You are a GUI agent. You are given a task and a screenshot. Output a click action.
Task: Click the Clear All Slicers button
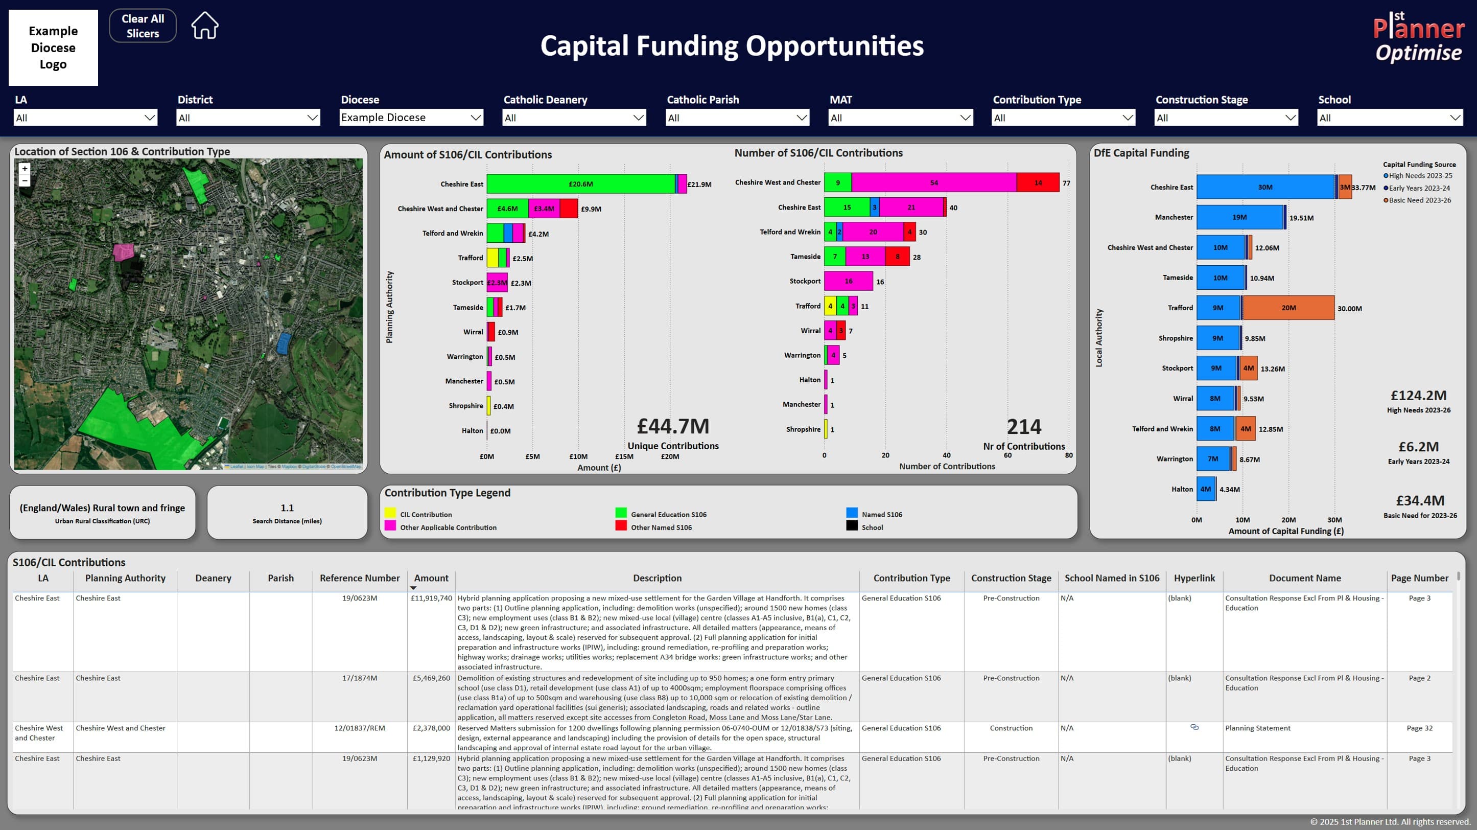click(x=142, y=26)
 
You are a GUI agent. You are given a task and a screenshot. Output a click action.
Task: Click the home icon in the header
click(x=205, y=26)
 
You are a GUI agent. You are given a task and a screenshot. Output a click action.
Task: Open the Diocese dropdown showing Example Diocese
click(x=411, y=118)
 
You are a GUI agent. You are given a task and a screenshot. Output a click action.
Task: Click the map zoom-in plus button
click(x=25, y=169)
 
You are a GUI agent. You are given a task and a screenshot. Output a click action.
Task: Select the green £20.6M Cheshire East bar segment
click(x=580, y=184)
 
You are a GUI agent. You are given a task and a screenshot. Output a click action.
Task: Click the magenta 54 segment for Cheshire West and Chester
click(x=933, y=182)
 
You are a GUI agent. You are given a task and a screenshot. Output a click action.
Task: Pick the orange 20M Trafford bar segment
click(x=1288, y=308)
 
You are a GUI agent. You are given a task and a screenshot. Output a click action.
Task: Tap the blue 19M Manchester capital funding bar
click(x=1239, y=217)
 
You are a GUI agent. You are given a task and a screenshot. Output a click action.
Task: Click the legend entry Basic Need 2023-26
click(x=1419, y=200)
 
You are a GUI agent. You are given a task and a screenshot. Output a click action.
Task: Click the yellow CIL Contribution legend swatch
click(x=390, y=513)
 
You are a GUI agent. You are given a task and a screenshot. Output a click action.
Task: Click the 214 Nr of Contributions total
click(x=1023, y=427)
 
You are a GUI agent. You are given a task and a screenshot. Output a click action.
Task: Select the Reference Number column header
click(x=360, y=578)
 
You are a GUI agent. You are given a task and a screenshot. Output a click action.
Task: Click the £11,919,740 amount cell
click(x=431, y=597)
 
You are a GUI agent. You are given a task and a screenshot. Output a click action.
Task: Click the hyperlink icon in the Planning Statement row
click(x=1194, y=727)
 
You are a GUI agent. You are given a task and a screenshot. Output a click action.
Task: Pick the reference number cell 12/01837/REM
click(x=360, y=728)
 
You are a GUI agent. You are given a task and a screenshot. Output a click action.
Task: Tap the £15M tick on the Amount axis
click(x=624, y=456)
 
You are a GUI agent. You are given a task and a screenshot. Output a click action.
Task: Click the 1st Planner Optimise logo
click(x=1419, y=37)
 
